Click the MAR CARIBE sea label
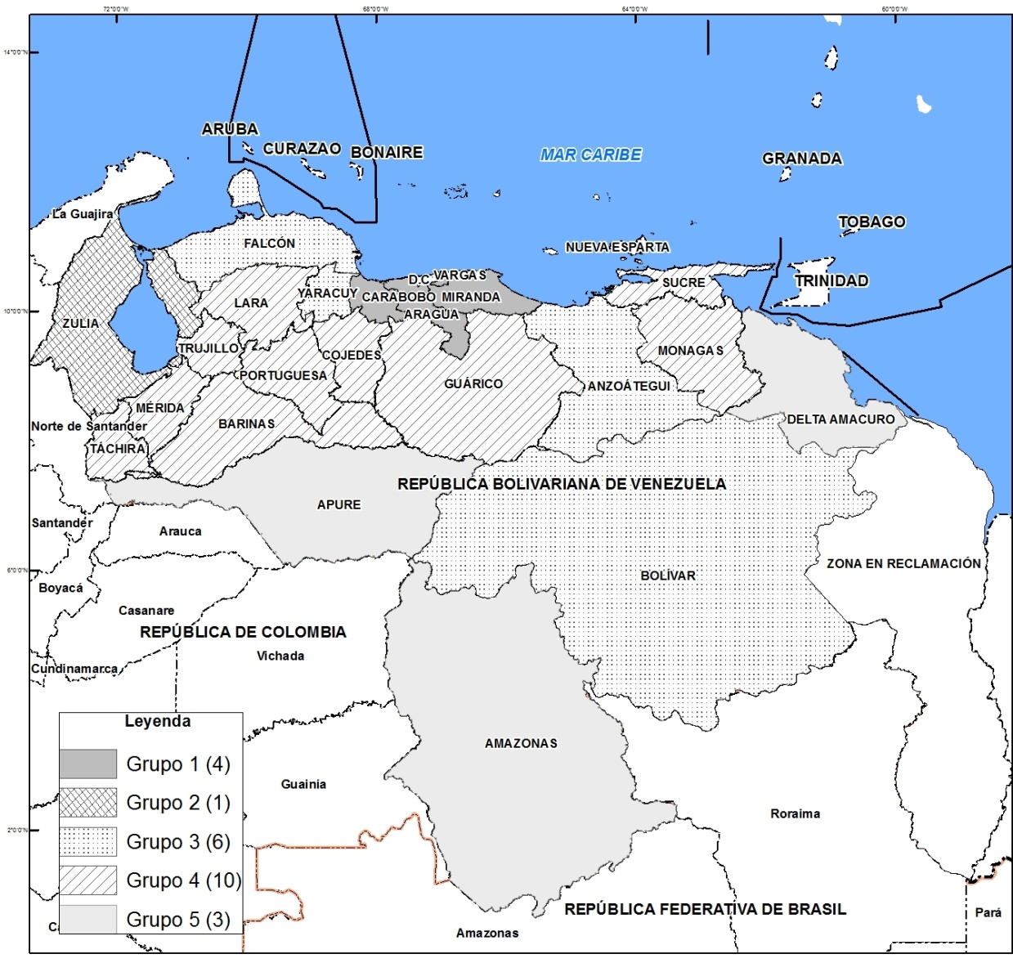click(x=590, y=155)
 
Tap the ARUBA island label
click(x=230, y=129)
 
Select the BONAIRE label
click(x=387, y=152)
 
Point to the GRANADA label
click(x=801, y=159)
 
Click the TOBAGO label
click(x=872, y=222)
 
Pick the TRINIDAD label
click(x=831, y=280)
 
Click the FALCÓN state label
click(x=269, y=244)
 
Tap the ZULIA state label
click(x=81, y=324)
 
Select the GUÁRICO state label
click(x=473, y=383)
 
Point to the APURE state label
click(x=338, y=505)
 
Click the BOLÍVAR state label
click(x=668, y=576)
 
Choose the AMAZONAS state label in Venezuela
click(x=521, y=743)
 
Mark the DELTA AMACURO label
click(x=840, y=419)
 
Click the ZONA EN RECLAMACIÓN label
click(x=903, y=563)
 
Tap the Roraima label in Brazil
click(x=795, y=813)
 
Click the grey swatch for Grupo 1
click(x=87, y=764)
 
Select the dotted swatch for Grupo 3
click(x=87, y=841)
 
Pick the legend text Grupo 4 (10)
click(x=183, y=880)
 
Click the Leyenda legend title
click(x=158, y=721)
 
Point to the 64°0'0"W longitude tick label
click(x=634, y=9)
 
